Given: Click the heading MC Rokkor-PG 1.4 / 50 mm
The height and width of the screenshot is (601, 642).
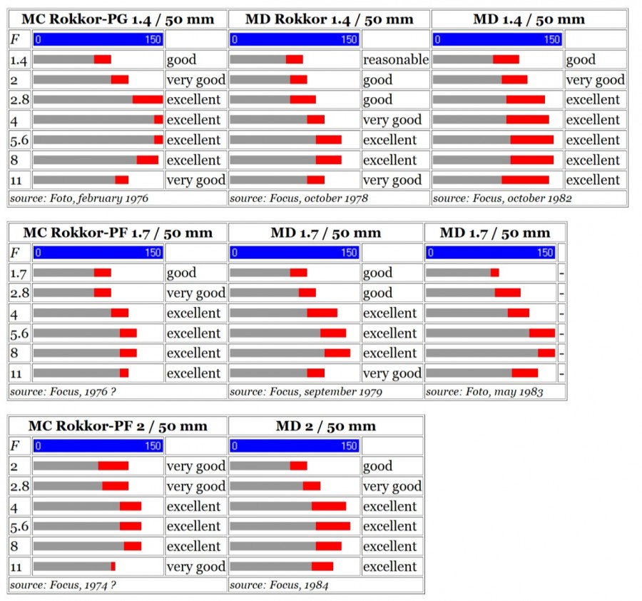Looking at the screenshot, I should pyautogui.click(x=118, y=19).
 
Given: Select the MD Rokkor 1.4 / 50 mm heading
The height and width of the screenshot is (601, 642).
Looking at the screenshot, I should pyautogui.click(x=329, y=19).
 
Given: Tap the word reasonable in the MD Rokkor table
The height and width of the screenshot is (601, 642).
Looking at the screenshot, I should pyautogui.click(x=395, y=60).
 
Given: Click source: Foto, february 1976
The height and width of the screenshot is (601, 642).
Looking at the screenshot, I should pyautogui.click(x=79, y=198).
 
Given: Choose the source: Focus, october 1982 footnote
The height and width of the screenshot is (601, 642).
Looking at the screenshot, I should pyautogui.click(x=502, y=198).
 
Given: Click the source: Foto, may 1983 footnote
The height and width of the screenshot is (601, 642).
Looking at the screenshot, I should pyautogui.click(x=484, y=392).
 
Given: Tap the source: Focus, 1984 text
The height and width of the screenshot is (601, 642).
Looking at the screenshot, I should pyautogui.click(x=279, y=586).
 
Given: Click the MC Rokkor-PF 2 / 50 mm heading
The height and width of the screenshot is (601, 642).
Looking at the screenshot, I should pyautogui.click(x=118, y=426).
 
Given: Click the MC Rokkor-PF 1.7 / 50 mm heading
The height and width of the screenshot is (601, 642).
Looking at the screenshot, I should pyautogui.click(x=118, y=233).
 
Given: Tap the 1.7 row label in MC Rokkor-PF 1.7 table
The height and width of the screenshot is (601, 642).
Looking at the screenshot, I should pyautogui.click(x=19, y=273).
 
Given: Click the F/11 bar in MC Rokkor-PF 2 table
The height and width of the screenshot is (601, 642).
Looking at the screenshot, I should pyautogui.click(x=74, y=566).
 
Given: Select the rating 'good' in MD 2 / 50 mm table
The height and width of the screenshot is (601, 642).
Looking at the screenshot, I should pyautogui.click(x=377, y=466).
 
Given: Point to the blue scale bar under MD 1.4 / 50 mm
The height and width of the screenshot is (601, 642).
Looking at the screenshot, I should pyautogui.click(x=497, y=39).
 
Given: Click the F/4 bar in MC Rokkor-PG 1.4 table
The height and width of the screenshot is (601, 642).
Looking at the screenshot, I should pyautogui.click(x=98, y=119).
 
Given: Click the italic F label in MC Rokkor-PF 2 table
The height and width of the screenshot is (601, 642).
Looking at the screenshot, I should pyautogui.click(x=14, y=446).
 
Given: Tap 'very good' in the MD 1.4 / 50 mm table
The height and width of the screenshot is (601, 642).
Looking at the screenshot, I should pyautogui.click(x=595, y=80).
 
